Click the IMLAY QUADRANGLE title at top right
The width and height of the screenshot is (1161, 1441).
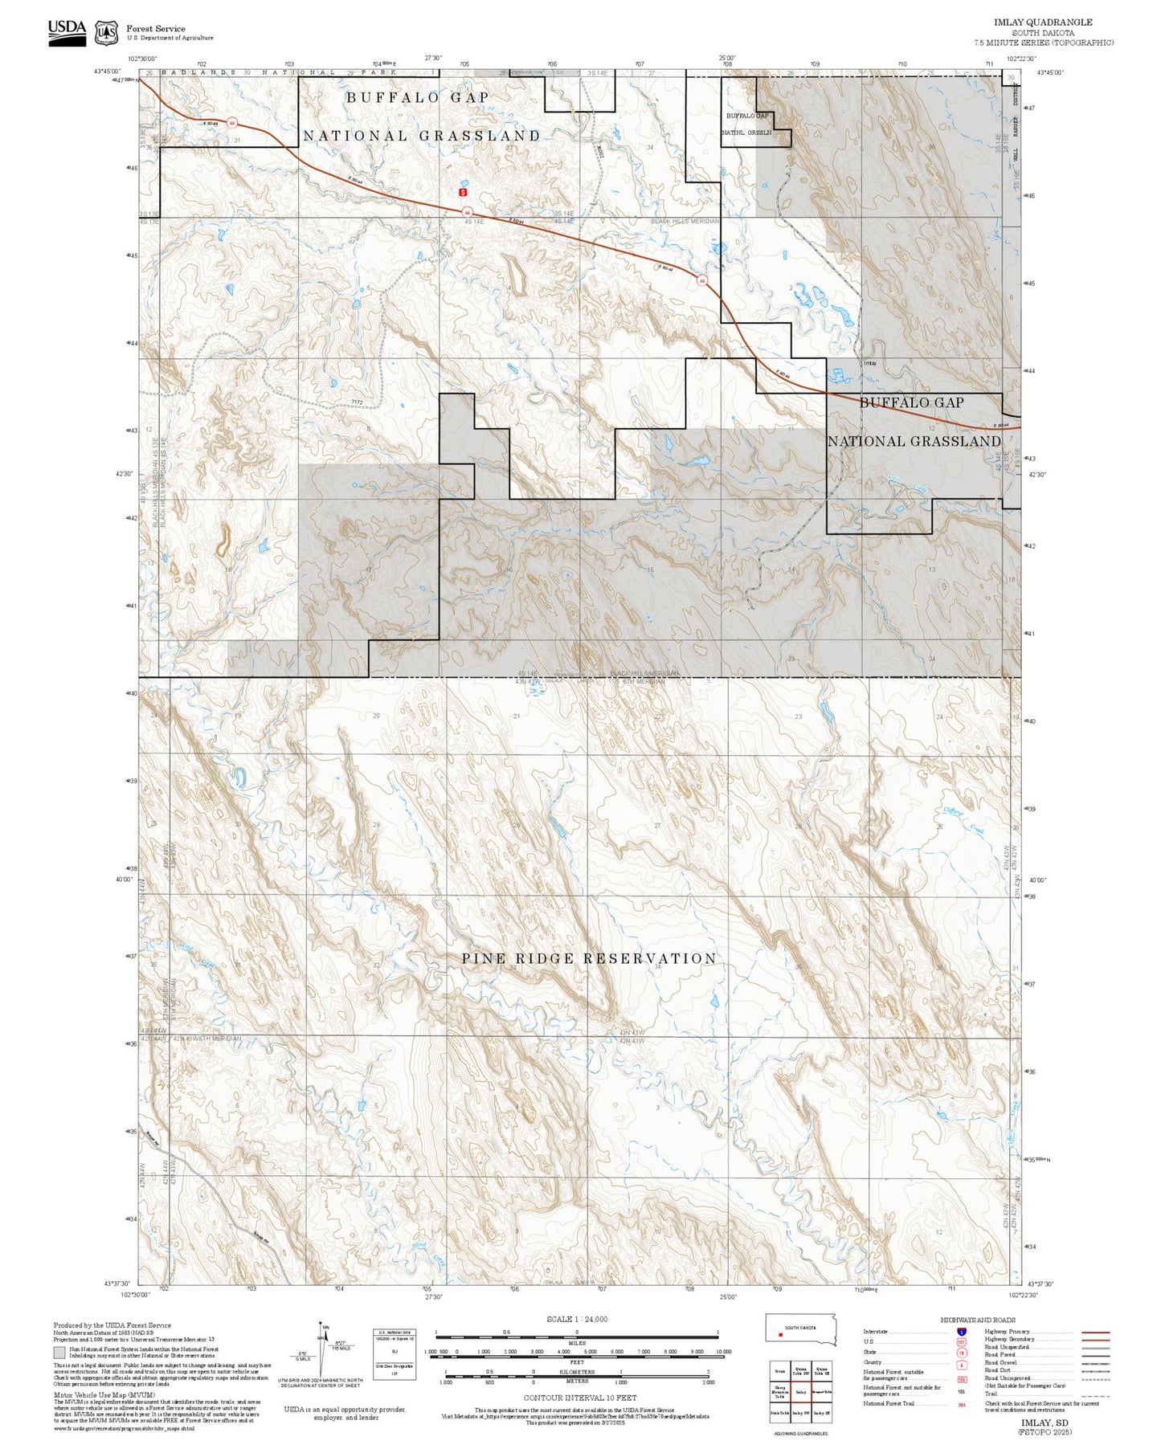[x=1043, y=22]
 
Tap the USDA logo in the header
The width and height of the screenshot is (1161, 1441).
[x=67, y=32]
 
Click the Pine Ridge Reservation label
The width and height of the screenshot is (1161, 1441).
[x=588, y=958]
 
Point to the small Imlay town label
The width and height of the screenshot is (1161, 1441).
[x=869, y=364]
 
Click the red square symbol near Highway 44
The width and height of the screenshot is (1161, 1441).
[x=462, y=192]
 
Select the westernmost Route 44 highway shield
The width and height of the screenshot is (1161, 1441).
[x=232, y=123]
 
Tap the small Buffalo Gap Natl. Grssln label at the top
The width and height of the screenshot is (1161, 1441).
[x=748, y=124]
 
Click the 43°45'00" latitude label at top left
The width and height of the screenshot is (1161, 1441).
[x=107, y=71]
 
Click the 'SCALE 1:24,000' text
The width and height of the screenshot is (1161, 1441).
[x=577, y=1319]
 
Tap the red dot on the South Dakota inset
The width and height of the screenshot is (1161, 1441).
[x=780, y=1336]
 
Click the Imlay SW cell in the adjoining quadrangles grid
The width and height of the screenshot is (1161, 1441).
[x=800, y=1412]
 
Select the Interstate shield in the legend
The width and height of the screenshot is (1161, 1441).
[x=962, y=1331]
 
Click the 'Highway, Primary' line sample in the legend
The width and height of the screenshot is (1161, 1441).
[x=1095, y=1332]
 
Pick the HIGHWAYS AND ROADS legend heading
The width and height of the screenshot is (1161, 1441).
[x=977, y=1320]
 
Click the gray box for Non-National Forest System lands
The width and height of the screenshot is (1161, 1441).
[x=59, y=1353]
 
